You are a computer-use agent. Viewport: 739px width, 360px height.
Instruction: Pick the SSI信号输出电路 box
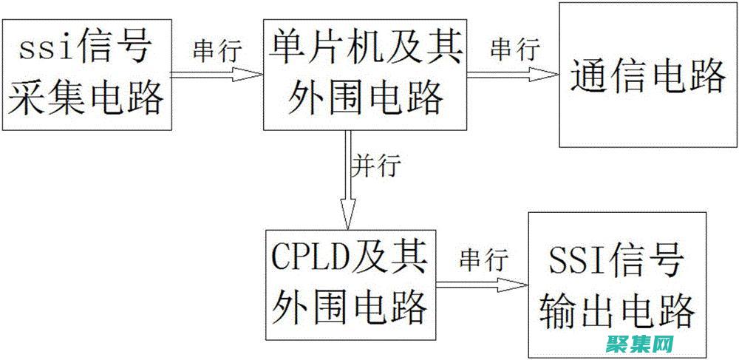pos(616,285)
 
